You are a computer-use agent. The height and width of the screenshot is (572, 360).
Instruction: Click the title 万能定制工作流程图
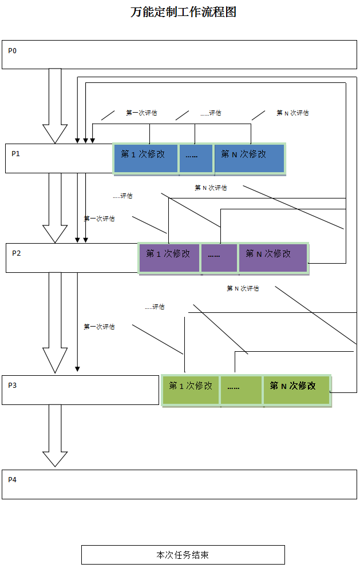[183, 12]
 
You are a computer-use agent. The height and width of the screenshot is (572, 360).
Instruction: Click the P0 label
[13, 51]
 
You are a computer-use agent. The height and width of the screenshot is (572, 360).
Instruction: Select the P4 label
[13, 479]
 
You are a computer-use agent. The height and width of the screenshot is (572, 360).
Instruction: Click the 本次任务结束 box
[183, 555]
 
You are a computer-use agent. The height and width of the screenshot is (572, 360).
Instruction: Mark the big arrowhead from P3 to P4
[55, 458]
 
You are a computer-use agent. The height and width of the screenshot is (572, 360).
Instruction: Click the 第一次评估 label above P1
[141, 113]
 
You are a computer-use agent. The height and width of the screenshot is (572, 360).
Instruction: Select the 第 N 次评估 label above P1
[292, 113]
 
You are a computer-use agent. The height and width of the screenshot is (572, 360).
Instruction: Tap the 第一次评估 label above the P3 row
[99, 327]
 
